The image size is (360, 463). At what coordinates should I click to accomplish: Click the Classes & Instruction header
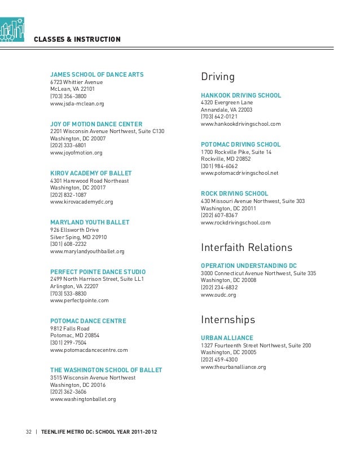77,39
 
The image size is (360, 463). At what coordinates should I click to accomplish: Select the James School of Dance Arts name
97,74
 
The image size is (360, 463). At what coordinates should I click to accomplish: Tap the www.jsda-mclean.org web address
77,104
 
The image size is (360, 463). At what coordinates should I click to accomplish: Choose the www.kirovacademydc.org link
81,201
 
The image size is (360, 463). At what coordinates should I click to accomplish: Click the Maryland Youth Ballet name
90,222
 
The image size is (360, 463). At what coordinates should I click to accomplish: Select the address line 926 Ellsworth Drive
74,230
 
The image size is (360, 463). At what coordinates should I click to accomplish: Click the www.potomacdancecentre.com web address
89,350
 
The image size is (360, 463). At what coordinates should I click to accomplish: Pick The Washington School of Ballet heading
106,370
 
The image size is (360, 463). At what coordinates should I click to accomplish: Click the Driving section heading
218,77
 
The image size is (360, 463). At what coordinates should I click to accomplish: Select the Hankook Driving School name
241,95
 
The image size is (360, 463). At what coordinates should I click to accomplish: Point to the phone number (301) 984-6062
219,166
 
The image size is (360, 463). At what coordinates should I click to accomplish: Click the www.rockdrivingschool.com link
235,223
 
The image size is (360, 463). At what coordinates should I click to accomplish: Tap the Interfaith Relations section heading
247,248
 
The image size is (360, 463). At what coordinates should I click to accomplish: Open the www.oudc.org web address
218,294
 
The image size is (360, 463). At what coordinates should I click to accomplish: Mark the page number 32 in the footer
29,433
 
